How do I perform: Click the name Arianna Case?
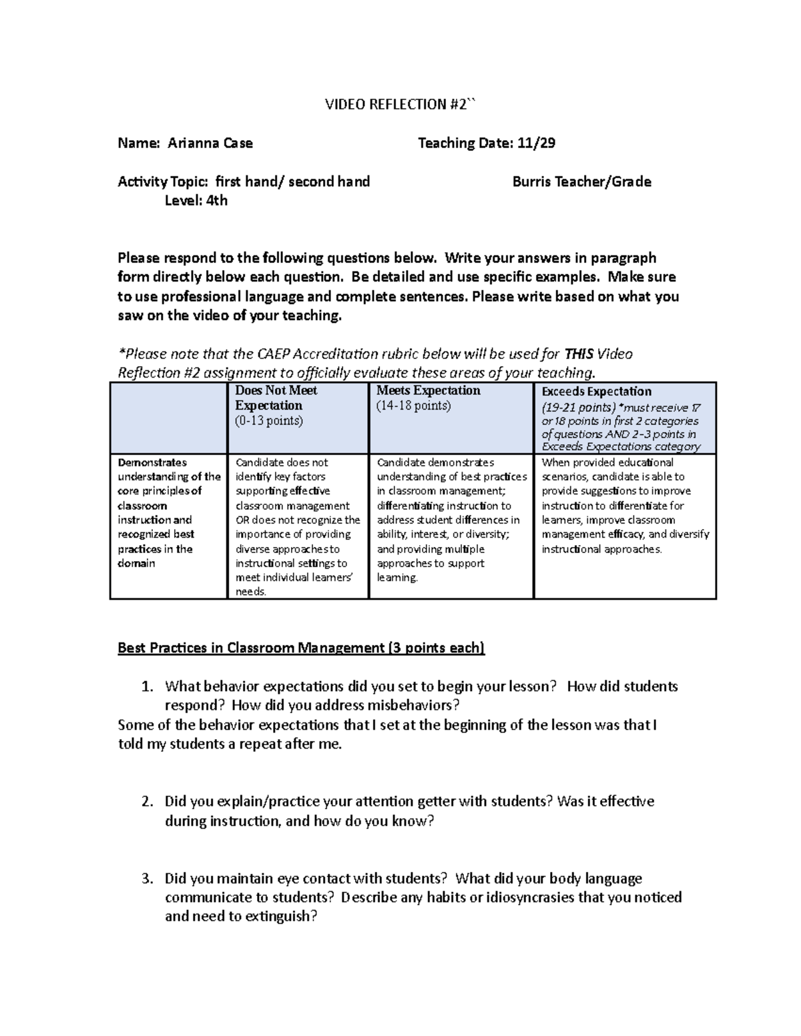click(x=210, y=143)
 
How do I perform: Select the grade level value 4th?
click(x=216, y=200)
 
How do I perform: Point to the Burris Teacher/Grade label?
click(x=581, y=181)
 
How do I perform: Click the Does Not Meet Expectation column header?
click(x=276, y=398)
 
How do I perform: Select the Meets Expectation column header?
click(x=428, y=390)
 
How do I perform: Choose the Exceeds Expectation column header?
click(x=596, y=392)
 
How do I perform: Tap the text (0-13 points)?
click(x=268, y=421)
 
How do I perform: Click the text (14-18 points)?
click(x=413, y=406)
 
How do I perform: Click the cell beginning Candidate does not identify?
click(x=298, y=526)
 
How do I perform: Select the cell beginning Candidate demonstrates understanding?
click(x=451, y=520)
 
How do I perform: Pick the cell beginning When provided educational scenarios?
click(x=625, y=506)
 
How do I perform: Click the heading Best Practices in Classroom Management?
click(x=301, y=648)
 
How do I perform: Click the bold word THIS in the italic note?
click(x=579, y=354)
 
